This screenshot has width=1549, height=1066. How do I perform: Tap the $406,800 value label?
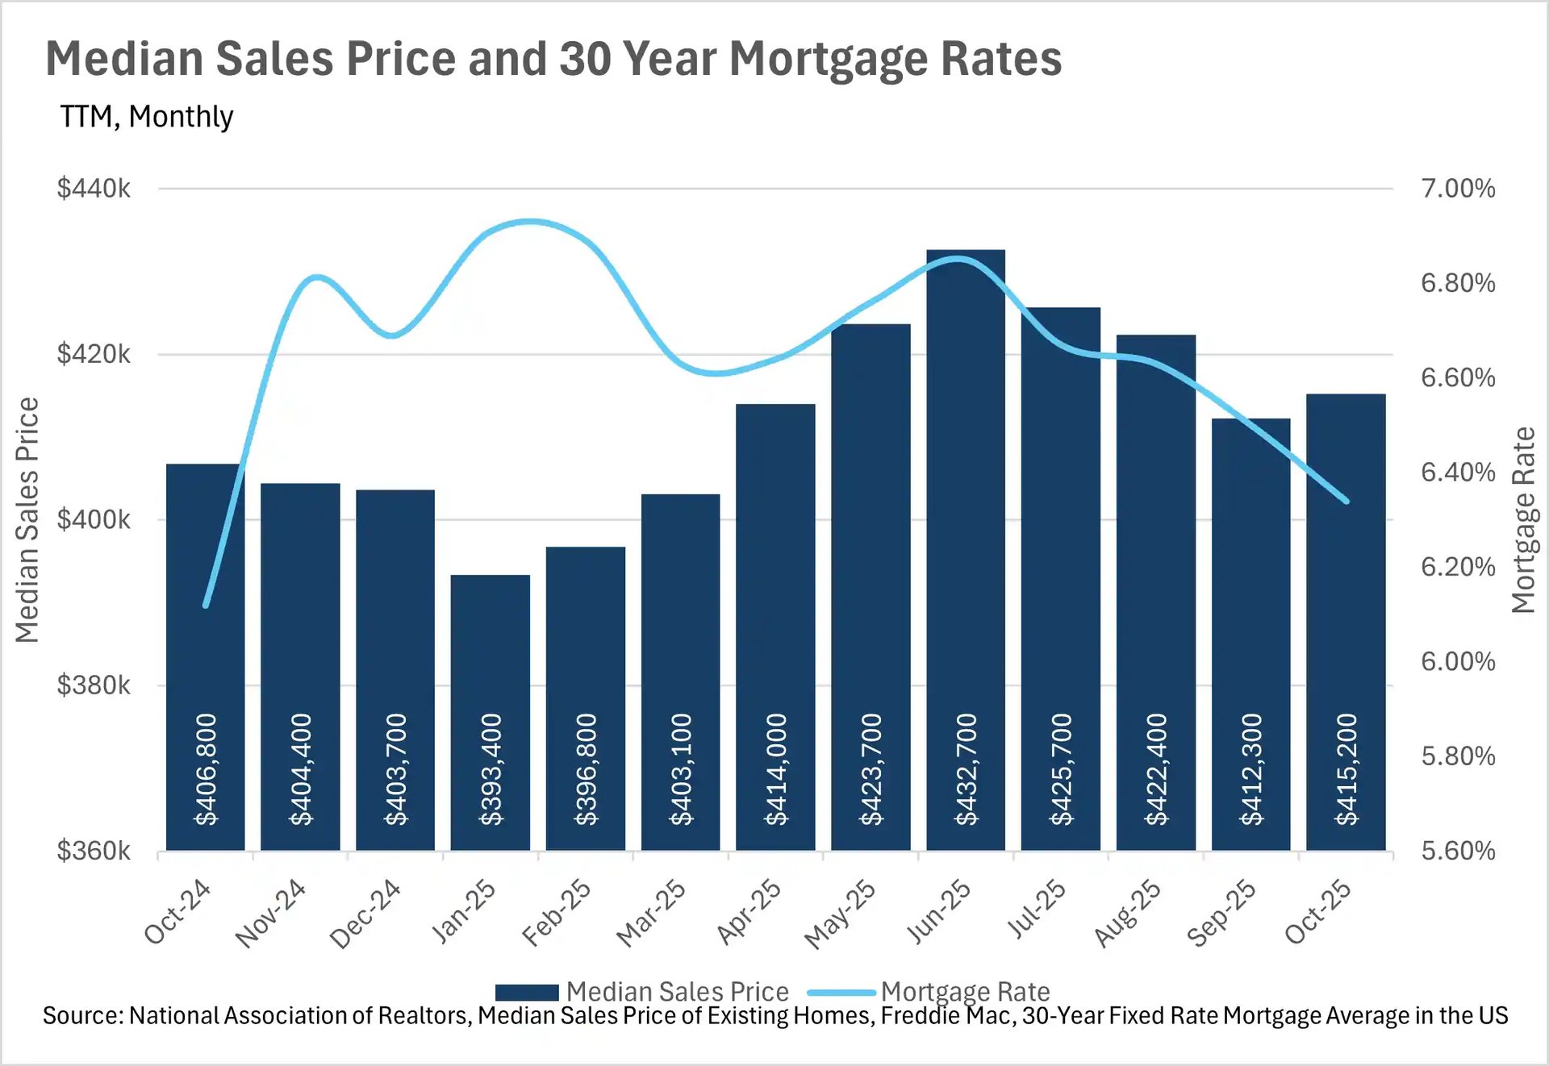point(207,769)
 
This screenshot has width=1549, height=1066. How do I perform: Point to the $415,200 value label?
point(1347,769)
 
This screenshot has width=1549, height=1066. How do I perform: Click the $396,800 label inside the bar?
point(586,769)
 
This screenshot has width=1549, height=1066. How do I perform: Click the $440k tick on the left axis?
point(94,189)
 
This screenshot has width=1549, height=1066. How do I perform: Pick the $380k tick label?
point(94,685)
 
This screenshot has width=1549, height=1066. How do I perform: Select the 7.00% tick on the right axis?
point(1457,189)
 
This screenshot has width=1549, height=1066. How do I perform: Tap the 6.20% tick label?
point(1457,567)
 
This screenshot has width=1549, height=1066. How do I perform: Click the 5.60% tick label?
point(1457,851)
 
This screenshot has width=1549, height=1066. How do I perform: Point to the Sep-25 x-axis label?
point(1221,913)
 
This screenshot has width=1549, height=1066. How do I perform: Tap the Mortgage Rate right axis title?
point(1522,520)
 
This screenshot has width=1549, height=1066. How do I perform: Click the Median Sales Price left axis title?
point(27,520)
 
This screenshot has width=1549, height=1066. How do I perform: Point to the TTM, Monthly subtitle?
point(147,117)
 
